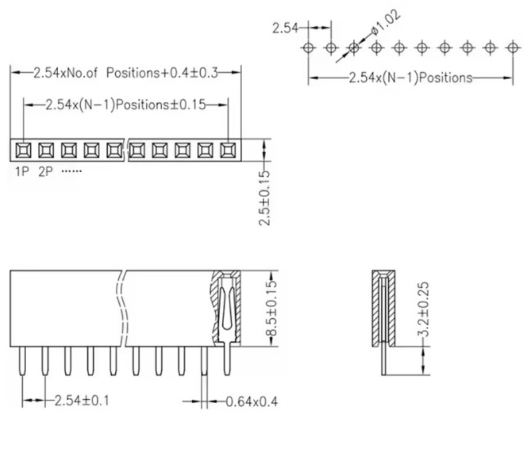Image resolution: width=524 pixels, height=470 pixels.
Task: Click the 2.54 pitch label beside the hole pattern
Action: click(285, 27)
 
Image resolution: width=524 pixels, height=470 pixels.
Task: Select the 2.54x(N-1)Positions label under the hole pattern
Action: click(410, 77)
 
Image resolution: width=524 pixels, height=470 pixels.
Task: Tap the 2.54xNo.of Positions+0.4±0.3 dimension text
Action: click(125, 73)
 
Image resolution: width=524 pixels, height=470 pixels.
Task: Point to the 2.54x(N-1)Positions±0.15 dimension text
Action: click(126, 105)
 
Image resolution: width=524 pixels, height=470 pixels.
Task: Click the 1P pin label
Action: click(22, 172)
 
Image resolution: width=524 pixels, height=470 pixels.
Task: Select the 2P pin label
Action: click(45, 172)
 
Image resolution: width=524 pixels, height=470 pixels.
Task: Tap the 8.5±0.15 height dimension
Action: click(270, 308)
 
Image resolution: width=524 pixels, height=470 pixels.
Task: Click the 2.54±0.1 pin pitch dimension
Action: click(81, 400)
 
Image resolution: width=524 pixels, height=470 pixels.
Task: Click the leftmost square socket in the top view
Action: click(23, 151)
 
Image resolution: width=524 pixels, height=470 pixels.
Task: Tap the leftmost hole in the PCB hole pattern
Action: click(309, 47)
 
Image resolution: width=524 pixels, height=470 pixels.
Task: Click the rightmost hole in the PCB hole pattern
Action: click(513, 47)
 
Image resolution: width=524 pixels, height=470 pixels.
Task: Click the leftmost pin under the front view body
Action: click(22, 361)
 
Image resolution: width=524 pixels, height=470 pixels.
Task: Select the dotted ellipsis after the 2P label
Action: click(72, 172)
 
